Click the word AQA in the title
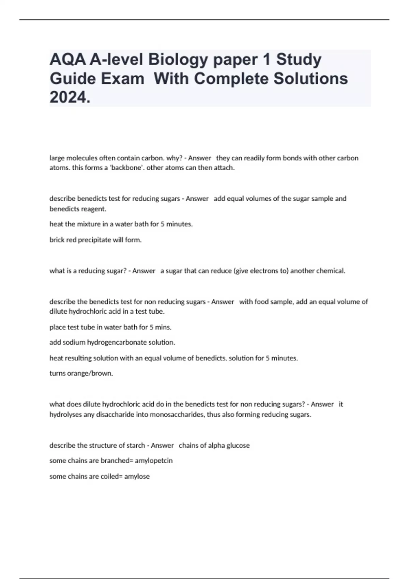click(67, 60)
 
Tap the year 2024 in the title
click(70, 98)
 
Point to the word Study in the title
click(299, 60)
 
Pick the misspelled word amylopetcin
click(154, 461)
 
